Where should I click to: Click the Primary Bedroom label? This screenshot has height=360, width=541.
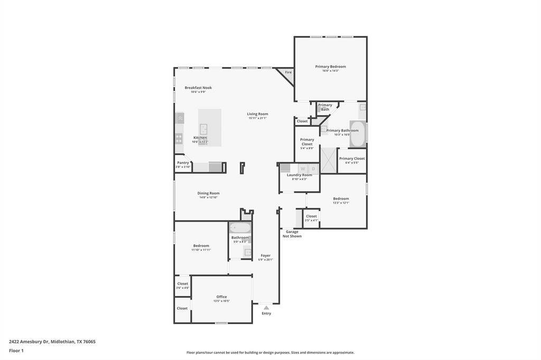330,67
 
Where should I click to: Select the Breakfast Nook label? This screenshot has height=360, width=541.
198,88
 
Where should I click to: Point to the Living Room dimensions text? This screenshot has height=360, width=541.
257,118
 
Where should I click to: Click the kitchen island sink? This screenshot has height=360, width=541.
203,129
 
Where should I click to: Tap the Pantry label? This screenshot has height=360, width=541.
183,163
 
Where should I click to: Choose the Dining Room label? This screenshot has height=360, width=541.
208,193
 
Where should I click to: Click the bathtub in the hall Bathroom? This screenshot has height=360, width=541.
240,228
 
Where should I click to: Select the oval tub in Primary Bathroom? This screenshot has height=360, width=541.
358,134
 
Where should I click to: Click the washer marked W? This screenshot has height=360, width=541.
303,168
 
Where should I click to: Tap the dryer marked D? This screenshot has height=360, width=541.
313,168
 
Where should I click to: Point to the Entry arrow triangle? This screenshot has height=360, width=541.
266,307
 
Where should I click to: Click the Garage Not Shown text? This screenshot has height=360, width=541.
292,234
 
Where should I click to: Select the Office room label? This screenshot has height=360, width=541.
221,297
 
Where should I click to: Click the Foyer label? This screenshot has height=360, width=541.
265,255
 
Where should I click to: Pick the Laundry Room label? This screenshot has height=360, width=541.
300,175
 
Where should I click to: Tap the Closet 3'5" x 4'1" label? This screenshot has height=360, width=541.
311,216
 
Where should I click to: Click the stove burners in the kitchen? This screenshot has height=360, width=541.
179,138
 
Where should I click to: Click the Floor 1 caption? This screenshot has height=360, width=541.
16,350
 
